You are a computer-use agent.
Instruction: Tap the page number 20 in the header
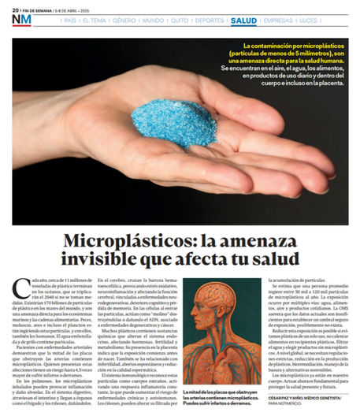coord(15,8)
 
